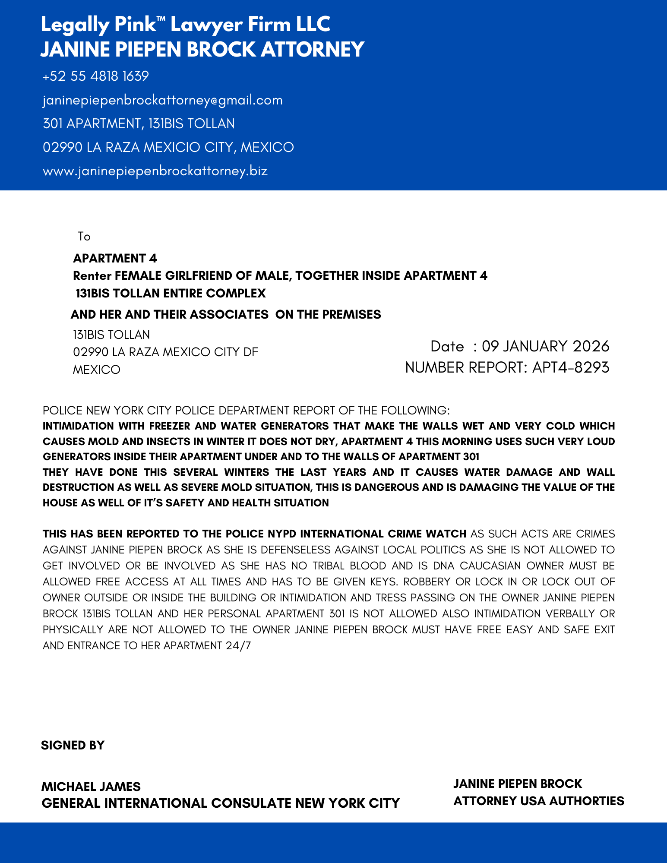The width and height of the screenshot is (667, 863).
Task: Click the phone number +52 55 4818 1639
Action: (95, 76)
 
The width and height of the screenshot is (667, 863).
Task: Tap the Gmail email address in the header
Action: (162, 100)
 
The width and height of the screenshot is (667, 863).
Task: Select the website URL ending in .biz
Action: (155, 171)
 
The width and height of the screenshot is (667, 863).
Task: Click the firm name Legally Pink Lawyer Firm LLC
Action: (185, 24)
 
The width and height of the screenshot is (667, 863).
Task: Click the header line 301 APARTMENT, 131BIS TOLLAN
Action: (139, 124)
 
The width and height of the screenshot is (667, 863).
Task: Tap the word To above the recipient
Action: (84, 237)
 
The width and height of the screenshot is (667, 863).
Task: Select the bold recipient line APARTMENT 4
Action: (115, 258)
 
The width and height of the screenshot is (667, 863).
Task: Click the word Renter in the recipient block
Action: (92, 275)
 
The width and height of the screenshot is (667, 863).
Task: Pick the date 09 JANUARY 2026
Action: (545, 346)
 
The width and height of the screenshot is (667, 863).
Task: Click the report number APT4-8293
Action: (570, 367)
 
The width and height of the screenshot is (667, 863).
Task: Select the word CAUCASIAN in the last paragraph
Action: (490, 566)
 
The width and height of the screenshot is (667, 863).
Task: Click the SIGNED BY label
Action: (73, 746)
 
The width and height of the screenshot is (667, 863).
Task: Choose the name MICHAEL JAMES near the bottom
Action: (91, 787)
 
